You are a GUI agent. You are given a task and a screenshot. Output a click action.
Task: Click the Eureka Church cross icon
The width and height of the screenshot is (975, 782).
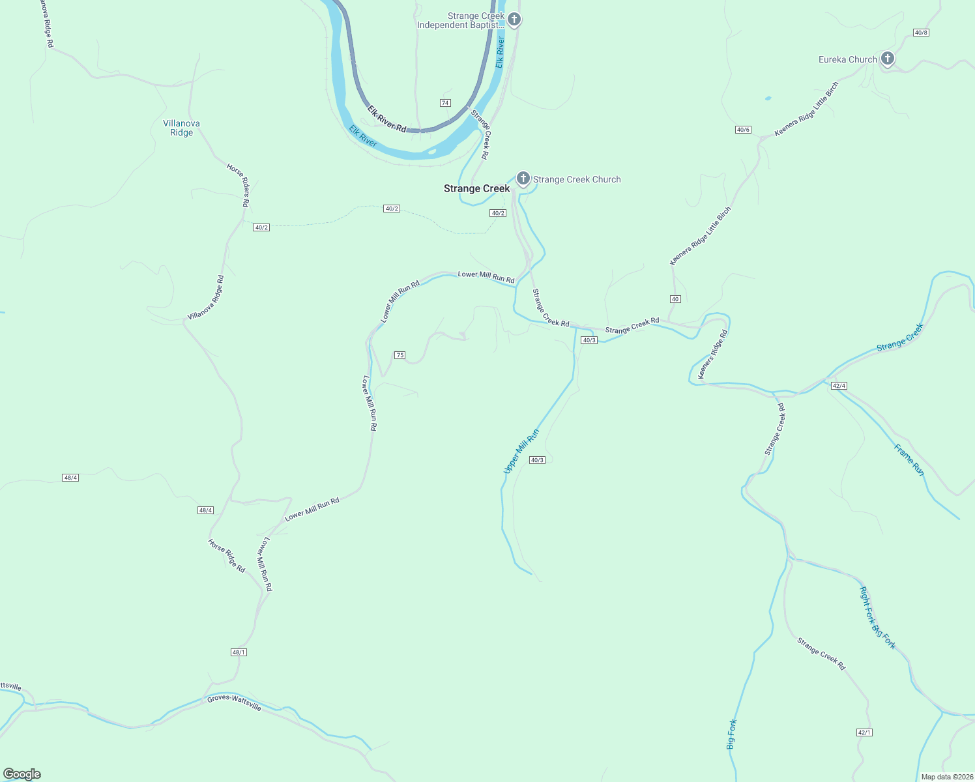pyautogui.click(x=886, y=59)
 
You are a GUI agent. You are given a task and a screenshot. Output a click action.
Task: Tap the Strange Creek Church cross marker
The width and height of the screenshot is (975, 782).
pyautogui.click(x=523, y=178)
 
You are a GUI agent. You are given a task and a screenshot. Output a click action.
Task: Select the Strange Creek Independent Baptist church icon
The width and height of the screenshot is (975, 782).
pyautogui.click(x=514, y=19)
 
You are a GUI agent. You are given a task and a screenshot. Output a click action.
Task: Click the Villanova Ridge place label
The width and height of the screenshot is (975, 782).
pyautogui.click(x=181, y=128)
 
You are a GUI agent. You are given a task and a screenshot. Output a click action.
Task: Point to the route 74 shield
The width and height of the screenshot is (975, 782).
pyautogui.click(x=445, y=103)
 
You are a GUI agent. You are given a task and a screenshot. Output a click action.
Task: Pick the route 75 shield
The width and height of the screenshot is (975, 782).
pyautogui.click(x=400, y=355)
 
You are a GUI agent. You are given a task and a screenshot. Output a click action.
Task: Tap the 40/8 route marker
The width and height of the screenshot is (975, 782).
pyautogui.click(x=921, y=33)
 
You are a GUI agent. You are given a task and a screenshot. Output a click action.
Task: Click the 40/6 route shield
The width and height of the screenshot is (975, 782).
pyautogui.click(x=743, y=130)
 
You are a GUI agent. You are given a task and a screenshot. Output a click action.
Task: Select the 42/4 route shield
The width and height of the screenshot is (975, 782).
pyautogui.click(x=839, y=386)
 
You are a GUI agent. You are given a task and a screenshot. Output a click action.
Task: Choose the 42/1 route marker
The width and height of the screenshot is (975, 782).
pyautogui.click(x=864, y=732)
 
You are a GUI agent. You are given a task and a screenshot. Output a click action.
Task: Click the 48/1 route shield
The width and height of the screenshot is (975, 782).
pyautogui.click(x=239, y=652)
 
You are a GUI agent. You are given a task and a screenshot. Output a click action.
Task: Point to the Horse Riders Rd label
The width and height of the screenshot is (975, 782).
pyautogui.click(x=239, y=185)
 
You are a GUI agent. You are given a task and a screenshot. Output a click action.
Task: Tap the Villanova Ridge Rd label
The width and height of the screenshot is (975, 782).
pyautogui.click(x=206, y=298)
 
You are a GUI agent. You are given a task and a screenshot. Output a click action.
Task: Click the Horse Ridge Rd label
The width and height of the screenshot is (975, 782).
pyautogui.click(x=226, y=556)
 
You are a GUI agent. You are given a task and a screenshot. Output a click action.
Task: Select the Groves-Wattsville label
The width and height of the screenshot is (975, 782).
pyautogui.click(x=234, y=703)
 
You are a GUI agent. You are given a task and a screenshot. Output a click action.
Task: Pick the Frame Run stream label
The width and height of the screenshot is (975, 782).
pyautogui.click(x=909, y=460)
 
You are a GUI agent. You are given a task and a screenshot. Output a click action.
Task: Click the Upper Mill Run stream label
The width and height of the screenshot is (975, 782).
pyautogui.click(x=521, y=451)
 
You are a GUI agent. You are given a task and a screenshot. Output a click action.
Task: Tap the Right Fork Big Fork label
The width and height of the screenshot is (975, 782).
pyautogui.click(x=877, y=618)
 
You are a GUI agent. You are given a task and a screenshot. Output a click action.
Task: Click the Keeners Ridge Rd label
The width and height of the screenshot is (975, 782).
pyautogui.click(x=712, y=355)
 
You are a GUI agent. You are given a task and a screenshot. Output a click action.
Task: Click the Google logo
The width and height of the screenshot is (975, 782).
pyautogui.click(x=22, y=774)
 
